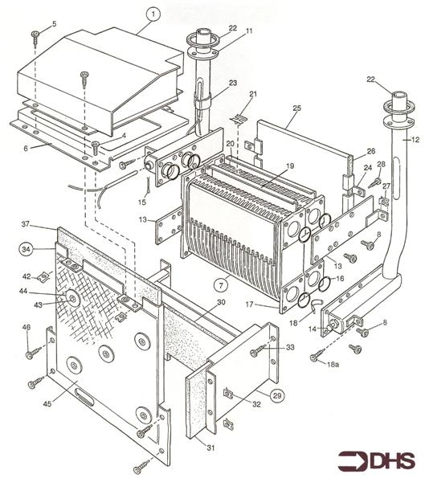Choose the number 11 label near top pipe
248,31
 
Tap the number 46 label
26,328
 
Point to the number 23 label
232,83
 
